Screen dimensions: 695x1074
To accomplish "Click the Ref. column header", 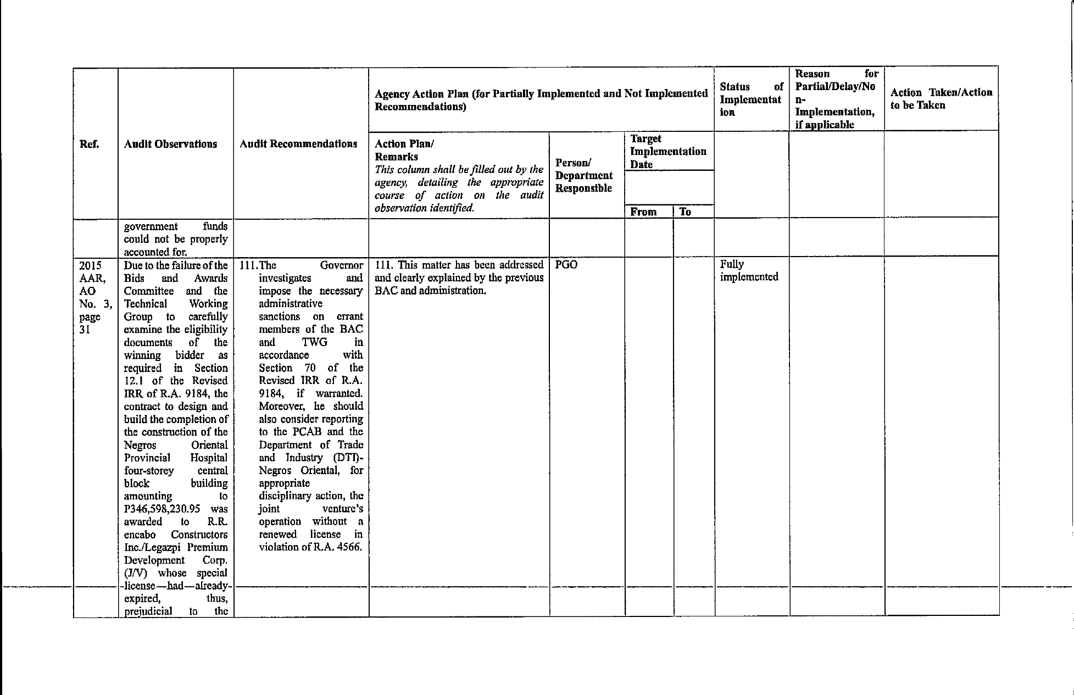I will (89, 144).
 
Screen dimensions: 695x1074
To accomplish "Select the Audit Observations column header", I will (170, 144).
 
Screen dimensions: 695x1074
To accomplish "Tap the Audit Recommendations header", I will (298, 144).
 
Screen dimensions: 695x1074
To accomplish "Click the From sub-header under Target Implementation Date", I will (643, 212).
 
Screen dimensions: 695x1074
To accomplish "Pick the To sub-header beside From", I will (685, 212).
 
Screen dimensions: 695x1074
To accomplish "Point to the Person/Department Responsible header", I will (583, 176).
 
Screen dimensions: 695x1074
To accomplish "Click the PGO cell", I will (566, 265).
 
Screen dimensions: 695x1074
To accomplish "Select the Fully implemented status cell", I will (749, 270).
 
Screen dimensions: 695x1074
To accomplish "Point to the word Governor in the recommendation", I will (341, 265).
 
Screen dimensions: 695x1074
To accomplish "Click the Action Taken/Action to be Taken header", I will (941, 99).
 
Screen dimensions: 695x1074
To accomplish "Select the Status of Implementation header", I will (750, 99).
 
